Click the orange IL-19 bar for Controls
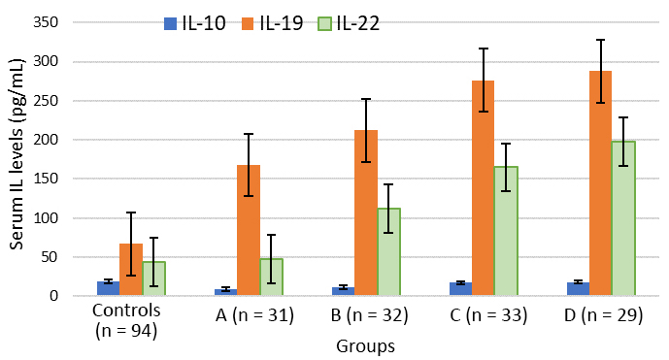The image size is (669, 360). click(x=131, y=269)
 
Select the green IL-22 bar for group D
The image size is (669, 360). click(x=623, y=218)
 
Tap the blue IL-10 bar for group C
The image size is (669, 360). click(x=460, y=289)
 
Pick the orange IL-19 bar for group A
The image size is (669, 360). click(x=249, y=230)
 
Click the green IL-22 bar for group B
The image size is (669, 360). click(x=388, y=251)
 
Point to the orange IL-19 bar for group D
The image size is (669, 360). click(x=600, y=183)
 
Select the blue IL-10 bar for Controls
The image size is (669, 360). click(x=109, y=288)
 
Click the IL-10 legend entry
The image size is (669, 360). click(x=195, y=23)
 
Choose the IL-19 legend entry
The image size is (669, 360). click(x=272, y=23)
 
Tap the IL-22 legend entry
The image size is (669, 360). click(x=349, y=23)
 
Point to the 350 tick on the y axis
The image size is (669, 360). click(x=46, y=22)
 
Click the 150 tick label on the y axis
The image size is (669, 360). click(x=46, y=179)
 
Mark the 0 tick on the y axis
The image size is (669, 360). click(x=53, y=296)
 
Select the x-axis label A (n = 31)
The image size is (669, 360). click(x=254, y=315)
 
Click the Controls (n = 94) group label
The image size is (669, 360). click(x=127, y=321)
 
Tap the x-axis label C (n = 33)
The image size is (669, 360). click(x=488, y=315)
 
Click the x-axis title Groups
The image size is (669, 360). click(x=365, y=345)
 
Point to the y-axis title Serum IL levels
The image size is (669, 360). click(x=17, y=154)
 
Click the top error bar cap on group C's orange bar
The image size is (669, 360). click(x=483, y=49)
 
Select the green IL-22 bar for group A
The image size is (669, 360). click(x=271, y=277)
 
